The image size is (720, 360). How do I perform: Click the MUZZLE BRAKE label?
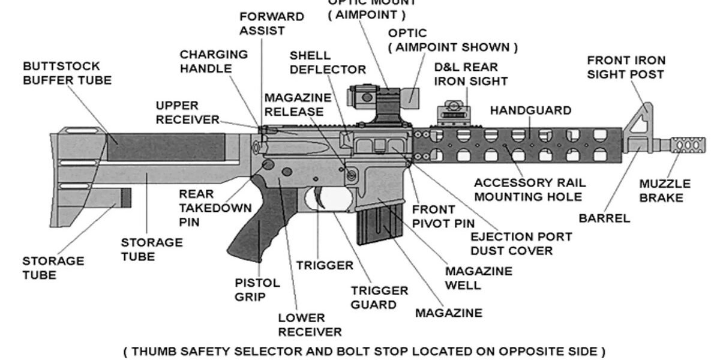[x=665, y=191]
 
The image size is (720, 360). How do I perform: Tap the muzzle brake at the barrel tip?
[x=688, y=145]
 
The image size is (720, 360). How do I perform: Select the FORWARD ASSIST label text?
[x=272, y=23]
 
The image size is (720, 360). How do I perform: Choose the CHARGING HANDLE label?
[x=214, y=61]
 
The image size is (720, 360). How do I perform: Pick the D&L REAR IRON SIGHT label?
[x=471, y=74]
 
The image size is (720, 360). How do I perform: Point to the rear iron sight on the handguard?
[x=454, y=113]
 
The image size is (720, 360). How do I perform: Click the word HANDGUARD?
[x=530, y=110]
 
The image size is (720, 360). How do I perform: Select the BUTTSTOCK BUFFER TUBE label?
[x=67, y=73]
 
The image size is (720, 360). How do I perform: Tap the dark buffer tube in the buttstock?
[x=166, y=148]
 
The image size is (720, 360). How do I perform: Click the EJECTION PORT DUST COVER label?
[x=521, y=244]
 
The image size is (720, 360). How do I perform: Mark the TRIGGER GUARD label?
[x=379, y=298]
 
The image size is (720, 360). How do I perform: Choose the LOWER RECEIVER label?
[x=310, y=325]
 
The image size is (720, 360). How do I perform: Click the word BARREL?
[x=604, y=218]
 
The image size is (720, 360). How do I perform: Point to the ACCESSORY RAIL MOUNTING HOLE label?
[x=530, y=190]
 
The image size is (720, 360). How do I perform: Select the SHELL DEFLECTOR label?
[x=328, y=62]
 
